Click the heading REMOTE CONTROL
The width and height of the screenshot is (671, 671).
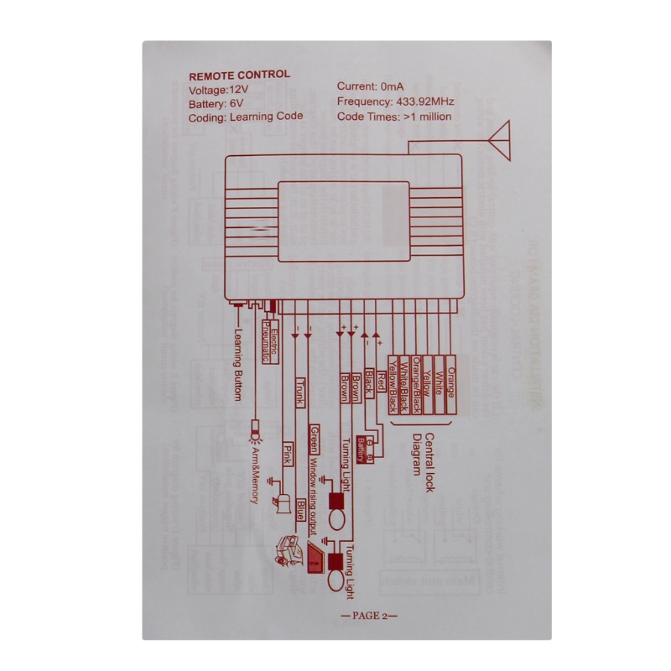239,75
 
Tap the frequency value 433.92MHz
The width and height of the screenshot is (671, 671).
421,101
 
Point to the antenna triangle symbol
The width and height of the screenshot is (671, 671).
501,138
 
